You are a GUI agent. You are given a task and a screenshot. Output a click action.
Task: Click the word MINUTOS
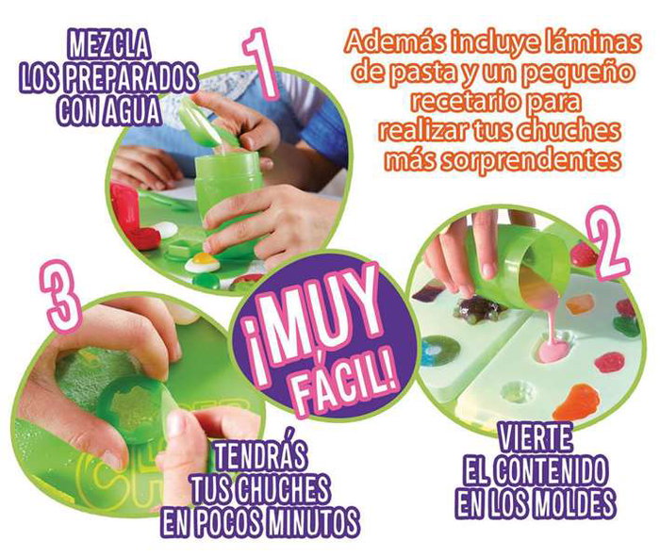312,519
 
